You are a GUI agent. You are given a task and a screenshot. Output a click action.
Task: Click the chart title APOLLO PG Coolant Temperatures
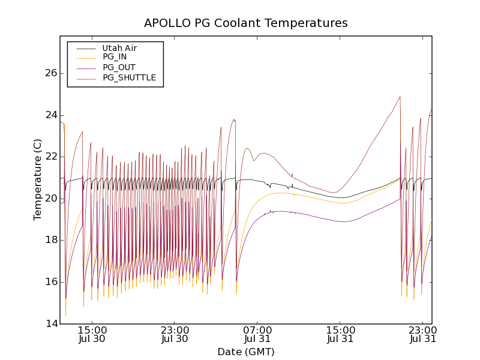click(x=245, y=23)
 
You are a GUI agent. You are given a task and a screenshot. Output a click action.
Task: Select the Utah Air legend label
click(x=119, y=48)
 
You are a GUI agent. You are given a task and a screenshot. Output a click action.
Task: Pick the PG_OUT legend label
click(x=119, y=68)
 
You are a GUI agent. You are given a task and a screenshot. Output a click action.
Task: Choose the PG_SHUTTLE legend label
click(x=129, y=78)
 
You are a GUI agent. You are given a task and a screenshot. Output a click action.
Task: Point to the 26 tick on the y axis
click(x=50, y=73)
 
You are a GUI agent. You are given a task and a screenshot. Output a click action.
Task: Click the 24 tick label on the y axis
click(x=50, y=115)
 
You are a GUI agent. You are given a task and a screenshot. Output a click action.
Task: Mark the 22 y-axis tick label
click(x=50, y=157)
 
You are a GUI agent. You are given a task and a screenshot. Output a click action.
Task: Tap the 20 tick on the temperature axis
click(x=50, y=199)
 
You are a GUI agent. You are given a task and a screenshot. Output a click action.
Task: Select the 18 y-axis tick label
click(x=50, y=240)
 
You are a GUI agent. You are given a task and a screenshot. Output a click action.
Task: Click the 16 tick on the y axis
click(x=50, y=282)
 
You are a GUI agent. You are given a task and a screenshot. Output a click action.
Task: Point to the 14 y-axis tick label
click(x=50, y=324)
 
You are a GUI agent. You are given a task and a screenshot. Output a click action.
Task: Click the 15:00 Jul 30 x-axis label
click(x=92, y=334)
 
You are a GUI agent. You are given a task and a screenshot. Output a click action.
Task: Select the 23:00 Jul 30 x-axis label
click(x=175, y=334)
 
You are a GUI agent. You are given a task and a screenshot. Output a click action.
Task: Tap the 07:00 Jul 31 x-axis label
click(x=257, y=334)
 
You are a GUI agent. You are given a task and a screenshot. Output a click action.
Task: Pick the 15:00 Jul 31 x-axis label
click(x=340, y=334)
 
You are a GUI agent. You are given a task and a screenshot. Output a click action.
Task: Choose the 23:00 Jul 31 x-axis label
click(x=422, y=334)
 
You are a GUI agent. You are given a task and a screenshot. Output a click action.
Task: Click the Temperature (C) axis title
click(x=38, y=179)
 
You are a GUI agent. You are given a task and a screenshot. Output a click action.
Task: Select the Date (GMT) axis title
click(x=245, y=352)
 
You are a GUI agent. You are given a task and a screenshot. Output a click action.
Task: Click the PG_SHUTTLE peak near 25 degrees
click(x=400, y=97)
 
